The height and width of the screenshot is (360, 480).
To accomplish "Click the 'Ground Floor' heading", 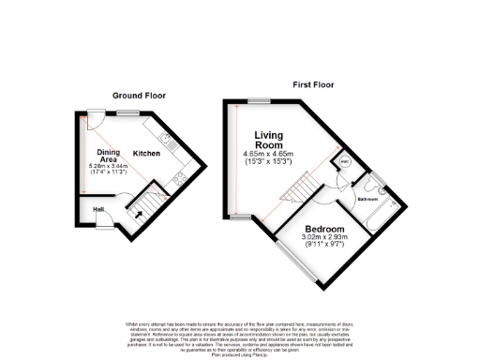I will pos(139,96).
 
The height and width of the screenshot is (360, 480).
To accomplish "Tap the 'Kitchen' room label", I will pos(146,153).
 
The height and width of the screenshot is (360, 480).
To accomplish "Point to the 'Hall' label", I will pos(99,209).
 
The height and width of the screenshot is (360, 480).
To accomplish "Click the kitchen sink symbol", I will pos(164,142).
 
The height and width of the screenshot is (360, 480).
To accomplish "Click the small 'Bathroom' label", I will pos(367,200).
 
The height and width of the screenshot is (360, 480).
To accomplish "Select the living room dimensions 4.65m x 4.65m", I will pos(269,157).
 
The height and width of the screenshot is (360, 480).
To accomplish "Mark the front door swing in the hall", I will pos(106,223).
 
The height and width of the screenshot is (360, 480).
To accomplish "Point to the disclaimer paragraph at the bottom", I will pos(240,332).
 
